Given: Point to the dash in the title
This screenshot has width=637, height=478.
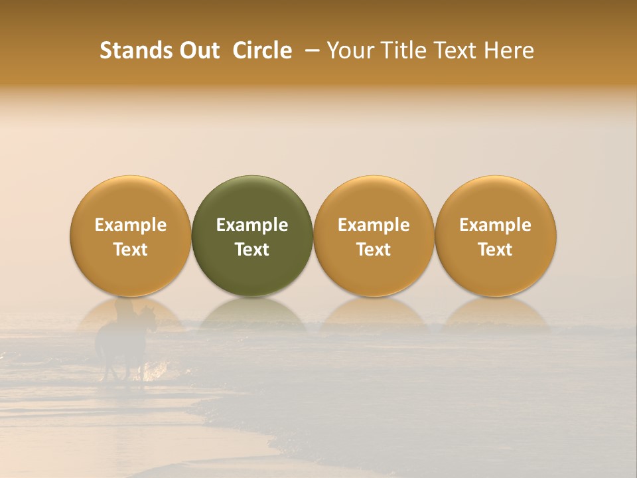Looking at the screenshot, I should coord(310,51).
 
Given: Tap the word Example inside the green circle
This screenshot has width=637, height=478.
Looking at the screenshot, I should coord(252,225).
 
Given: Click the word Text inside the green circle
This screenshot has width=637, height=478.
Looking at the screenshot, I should coord(252,250).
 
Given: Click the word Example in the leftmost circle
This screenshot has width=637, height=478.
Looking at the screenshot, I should coord(131,225).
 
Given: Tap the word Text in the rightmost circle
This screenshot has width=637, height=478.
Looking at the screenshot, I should coord(495,250).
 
